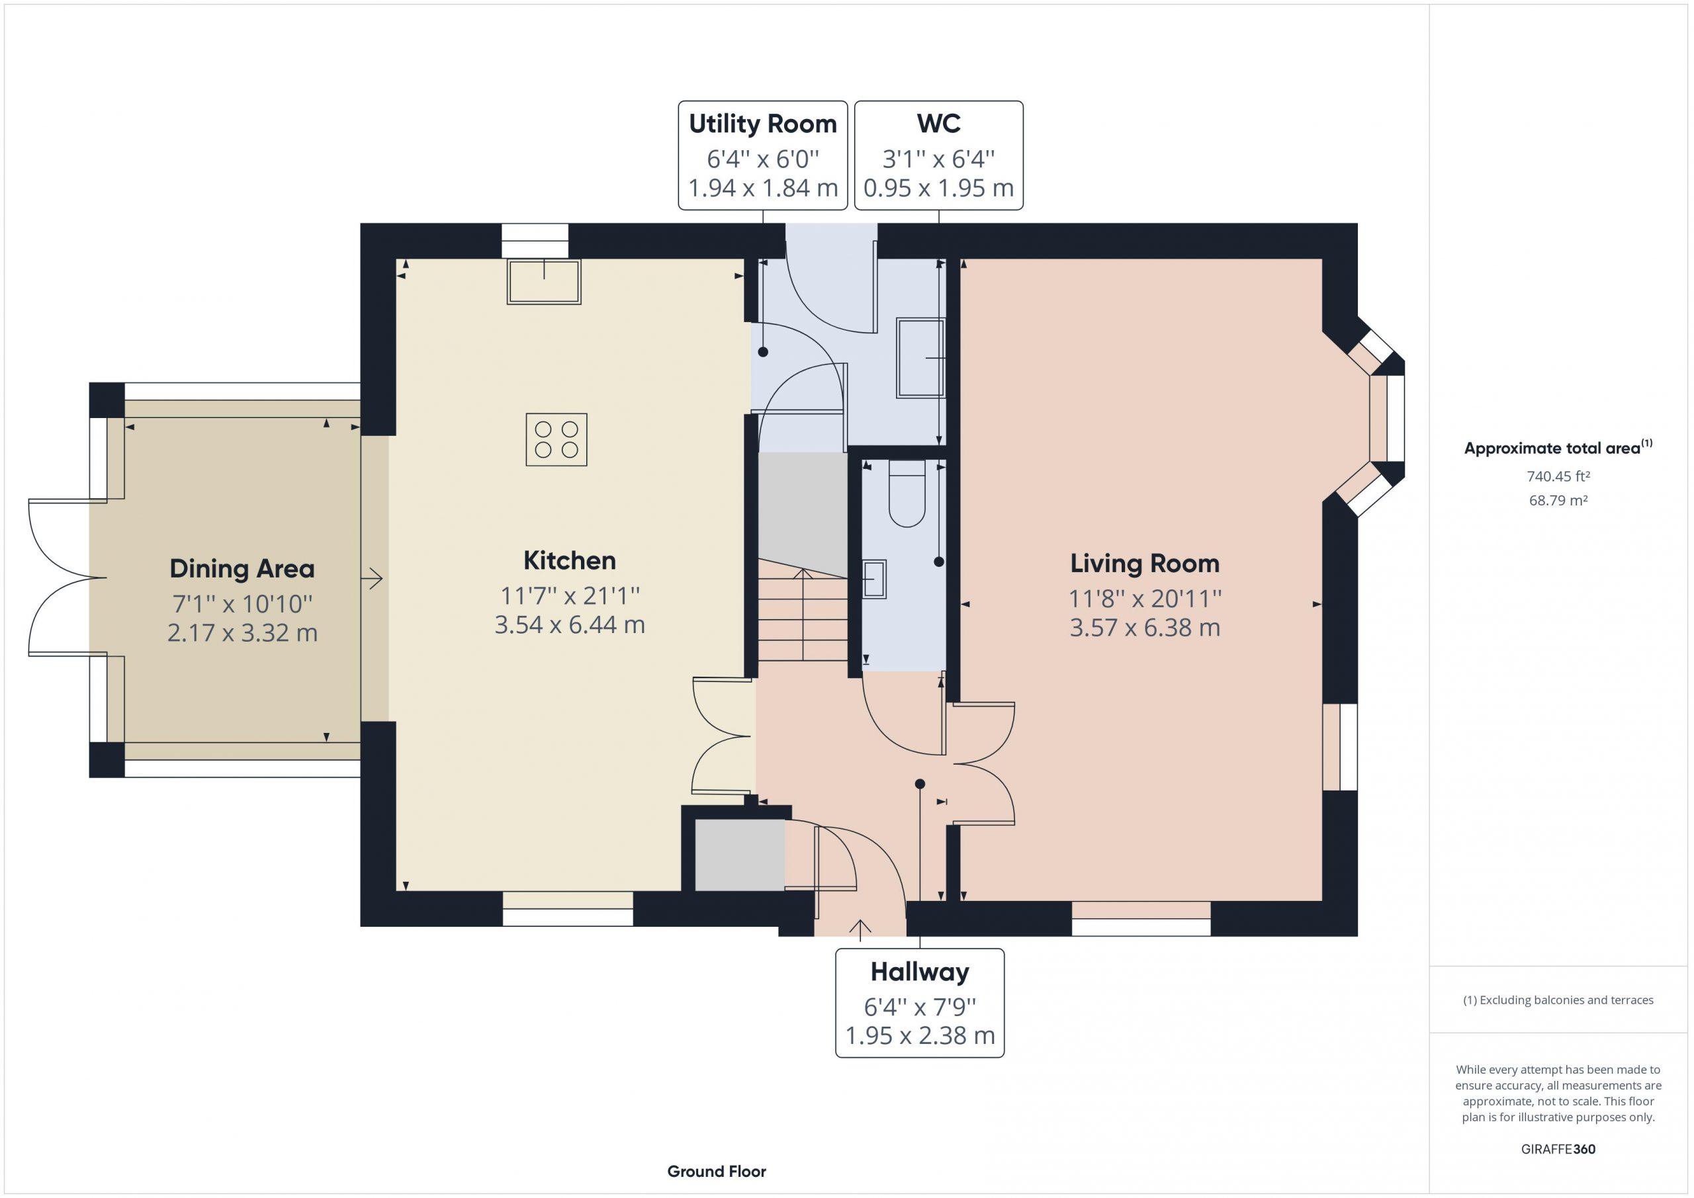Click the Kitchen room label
tap(569, 561)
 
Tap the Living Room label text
tap(1144, 564)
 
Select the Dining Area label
tap(242, 569)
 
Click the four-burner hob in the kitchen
tap(557, 440)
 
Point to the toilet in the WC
tap(907, 493)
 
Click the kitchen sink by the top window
tap(544, 281)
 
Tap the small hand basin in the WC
tap(874, 579)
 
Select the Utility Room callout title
tap(763, 124)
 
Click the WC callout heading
tap(938, 123)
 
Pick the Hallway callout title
tap(919, 972)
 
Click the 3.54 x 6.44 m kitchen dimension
tap(570, 625)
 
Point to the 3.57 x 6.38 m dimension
tap(1145, 628)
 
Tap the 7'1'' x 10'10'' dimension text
tap(243, 604)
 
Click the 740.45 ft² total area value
tap(1558, 476)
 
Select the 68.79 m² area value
tap(1558, 500)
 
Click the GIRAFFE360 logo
tap(1558, 1148)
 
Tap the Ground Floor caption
tap(717, 1172)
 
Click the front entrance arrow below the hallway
tap(860, 930)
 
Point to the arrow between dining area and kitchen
tap(373, 578)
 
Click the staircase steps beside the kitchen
tap(803, 611)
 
